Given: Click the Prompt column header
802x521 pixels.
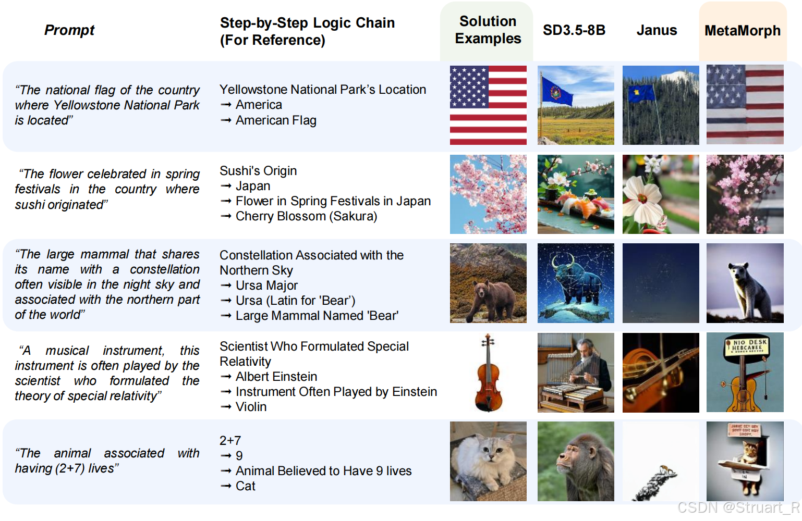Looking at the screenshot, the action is click(x=69, y=30).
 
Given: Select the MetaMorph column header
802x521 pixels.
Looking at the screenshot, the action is click(x=743, y=31).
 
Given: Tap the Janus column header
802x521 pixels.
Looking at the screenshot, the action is click(x=657, y=30).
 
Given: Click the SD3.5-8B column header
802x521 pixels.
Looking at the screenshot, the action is click(x=574, y=30).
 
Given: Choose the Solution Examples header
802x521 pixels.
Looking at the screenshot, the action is click(x=488, y=30).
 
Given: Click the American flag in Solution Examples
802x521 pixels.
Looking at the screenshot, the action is click(x=488, y=105).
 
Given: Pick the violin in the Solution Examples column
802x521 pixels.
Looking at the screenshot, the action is click(x=488, y=373).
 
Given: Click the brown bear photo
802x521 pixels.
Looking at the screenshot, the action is click(x=488, y=283).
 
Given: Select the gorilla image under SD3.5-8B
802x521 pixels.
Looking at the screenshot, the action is click(x=576, y=461).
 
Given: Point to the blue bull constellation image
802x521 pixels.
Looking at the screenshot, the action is click(x=576, y=283).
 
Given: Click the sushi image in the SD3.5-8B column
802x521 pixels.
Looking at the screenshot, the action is click(x=576, y=194).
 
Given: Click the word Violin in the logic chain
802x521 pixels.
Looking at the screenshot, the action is click(x=251, y=407).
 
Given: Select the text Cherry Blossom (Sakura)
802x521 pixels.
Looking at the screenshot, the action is click(x=307, y=216).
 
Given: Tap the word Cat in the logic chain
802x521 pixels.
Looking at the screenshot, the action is click(x=245, y=486).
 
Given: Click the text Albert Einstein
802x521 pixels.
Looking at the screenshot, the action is click(x=276, y=377).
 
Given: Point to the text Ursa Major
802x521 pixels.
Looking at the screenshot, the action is click(x=267, y=286).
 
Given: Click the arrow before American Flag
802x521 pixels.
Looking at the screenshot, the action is click(x=226, y=120).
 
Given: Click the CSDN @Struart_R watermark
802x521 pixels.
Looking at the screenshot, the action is click(x=738, y=507).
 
